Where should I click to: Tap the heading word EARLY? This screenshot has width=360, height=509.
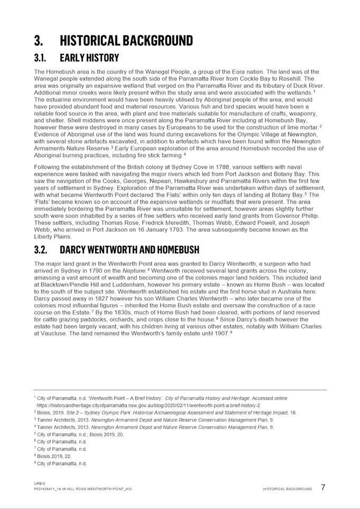(x=76, y=57)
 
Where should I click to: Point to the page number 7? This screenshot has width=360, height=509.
(x=323, y=487)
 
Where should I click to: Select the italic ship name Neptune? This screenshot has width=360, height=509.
(x=137, y=271)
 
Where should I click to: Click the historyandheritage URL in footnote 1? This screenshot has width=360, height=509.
(x=148, y=405)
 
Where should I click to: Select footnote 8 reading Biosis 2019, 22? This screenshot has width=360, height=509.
(x=53, y=456)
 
